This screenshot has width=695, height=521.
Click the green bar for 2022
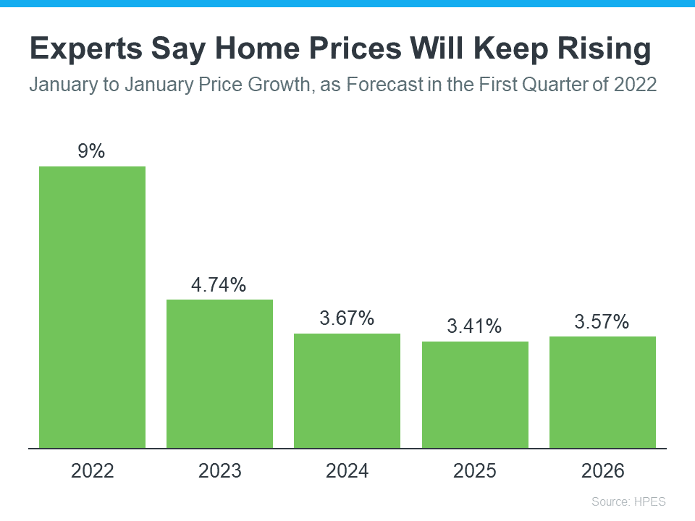[x=92, y=307]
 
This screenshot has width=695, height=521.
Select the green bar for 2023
[x=219, y=373]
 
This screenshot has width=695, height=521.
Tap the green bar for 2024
[x=347, y=391]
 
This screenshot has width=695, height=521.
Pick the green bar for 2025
[x=475, y=394]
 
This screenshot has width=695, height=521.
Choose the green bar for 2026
[x=602, y=392]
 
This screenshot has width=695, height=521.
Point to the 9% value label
[x=92, y=151]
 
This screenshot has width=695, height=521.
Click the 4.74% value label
[x=219, y=284]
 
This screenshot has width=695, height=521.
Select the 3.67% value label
[x=347, y=318]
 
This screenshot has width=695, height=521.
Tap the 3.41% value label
[x=475, y=326]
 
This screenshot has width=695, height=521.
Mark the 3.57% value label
[x=602, y=321]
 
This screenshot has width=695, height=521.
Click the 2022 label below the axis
[x=92, y=471]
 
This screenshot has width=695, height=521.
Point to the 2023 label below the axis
[x=219, y=471]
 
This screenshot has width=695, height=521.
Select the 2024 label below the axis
[x=347, y=471]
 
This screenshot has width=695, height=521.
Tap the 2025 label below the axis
[x=475, y=471]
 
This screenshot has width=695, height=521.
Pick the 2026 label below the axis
[x=602, y=471]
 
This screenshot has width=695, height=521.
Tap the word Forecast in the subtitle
[x=384, y=85]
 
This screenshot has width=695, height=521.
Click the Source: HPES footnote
[x=628, y=501]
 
